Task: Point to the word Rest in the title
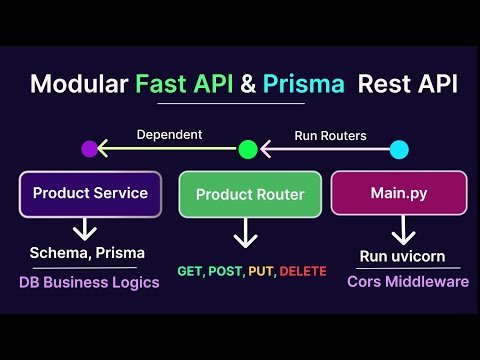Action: (x=395, y=84)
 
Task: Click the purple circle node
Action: (x=90, y=149)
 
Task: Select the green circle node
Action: (x=247, y=149)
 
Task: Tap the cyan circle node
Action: (x=399, y=149)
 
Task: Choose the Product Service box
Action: (x=90, y=193)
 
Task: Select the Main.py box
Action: (x=398, y=193)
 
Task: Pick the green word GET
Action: (x=189, y=271)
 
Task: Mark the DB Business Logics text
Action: (x=90, y=282)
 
